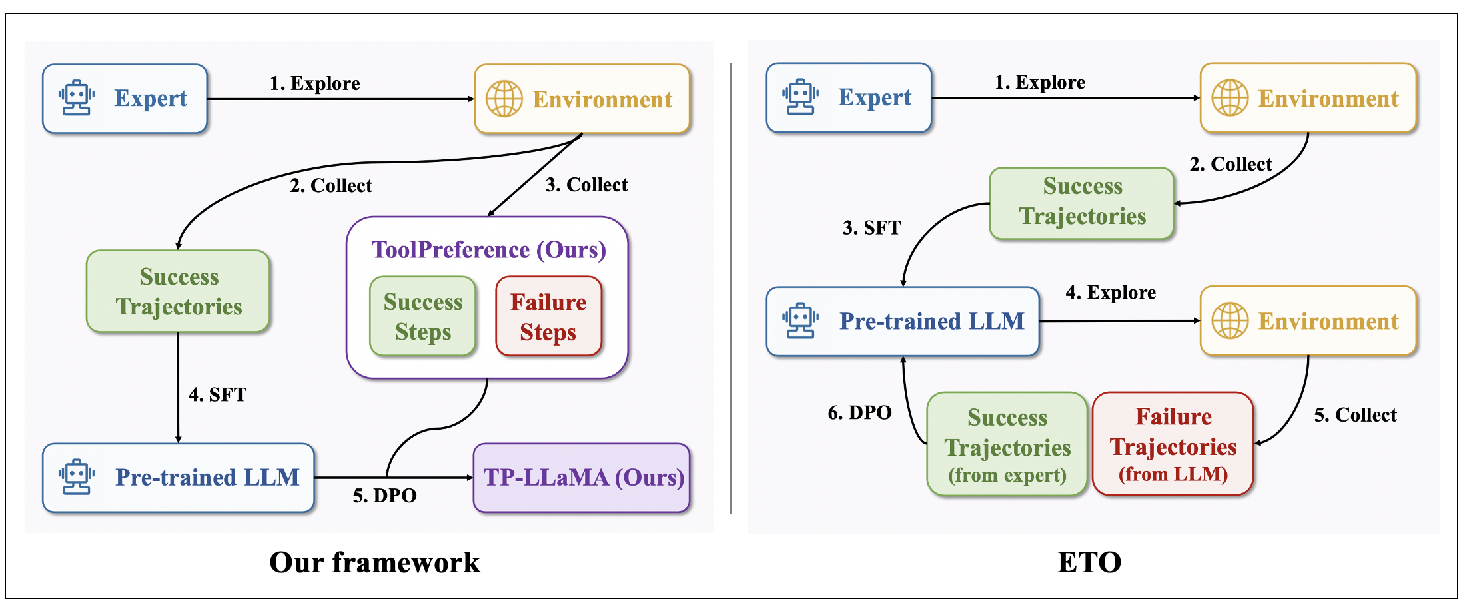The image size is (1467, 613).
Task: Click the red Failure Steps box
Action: click(548, 316)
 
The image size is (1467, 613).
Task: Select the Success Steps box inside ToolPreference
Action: click(423, 316)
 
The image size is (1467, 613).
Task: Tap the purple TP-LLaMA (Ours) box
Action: click(582, 478)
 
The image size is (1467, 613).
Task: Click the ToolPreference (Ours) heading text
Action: click(489, 249)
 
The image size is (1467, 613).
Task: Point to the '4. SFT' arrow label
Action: click(218, 394)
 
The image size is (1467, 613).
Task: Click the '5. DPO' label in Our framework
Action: click(385, 495)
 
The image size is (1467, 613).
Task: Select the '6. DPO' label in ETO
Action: click(859, 412)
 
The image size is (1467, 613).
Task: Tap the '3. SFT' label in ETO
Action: click(871, 227)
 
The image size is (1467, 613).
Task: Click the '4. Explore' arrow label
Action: click(1111, 292)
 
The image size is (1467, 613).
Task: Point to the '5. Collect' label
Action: click(1355, 414)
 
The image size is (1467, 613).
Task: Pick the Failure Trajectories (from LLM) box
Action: click(1173, 444)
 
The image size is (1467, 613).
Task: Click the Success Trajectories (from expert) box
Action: click(1007, 444)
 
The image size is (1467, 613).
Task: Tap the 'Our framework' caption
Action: click(374, 562)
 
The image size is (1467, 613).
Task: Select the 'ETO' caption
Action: click(1089, 562)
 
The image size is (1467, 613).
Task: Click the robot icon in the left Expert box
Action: click(77, 98)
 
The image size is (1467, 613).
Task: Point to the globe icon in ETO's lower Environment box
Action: click(1230, 320)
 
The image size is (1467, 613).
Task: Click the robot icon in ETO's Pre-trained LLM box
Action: click(801, 320)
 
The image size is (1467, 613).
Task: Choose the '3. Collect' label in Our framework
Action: click(586, 185)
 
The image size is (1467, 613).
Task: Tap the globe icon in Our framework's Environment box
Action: click(504, 99)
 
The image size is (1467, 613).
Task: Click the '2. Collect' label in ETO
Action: click(1231, 164)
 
